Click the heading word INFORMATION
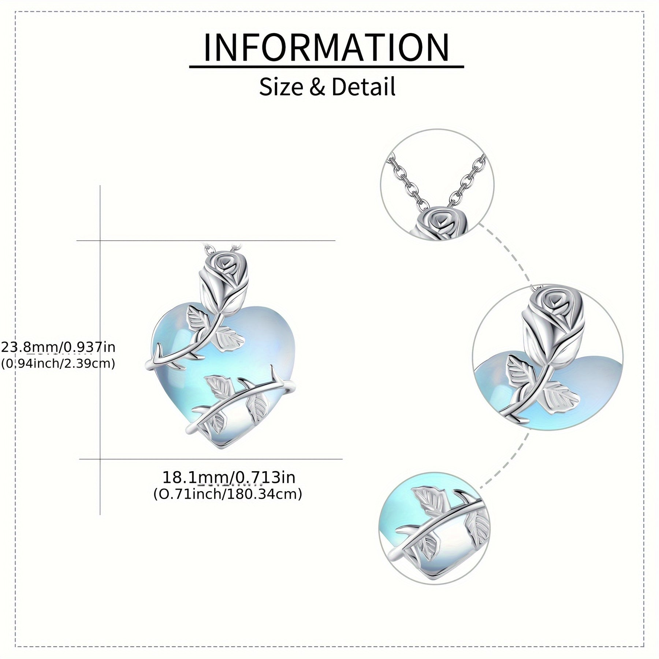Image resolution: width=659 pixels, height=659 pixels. click(x=326, y=48)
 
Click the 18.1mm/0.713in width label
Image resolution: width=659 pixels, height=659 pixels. click(x=228, y=477)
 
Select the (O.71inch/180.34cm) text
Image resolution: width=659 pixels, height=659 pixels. click(x=228, y=494)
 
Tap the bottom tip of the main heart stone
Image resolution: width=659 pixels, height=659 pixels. click(x=221, y=447)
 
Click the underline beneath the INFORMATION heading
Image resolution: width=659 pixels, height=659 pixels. click(x=326, y=67)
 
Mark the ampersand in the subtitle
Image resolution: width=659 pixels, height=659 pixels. click(x=317, y=87)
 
